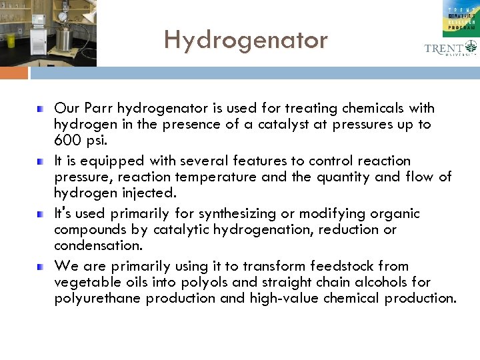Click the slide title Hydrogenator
(x=246, y=41)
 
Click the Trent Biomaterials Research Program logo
(x=460, y=18)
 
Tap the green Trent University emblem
(x=471, y=47)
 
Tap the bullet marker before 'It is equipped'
(x=41, y=161)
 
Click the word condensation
(x=97, y=245)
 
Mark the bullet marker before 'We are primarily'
(x=41, y=266)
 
